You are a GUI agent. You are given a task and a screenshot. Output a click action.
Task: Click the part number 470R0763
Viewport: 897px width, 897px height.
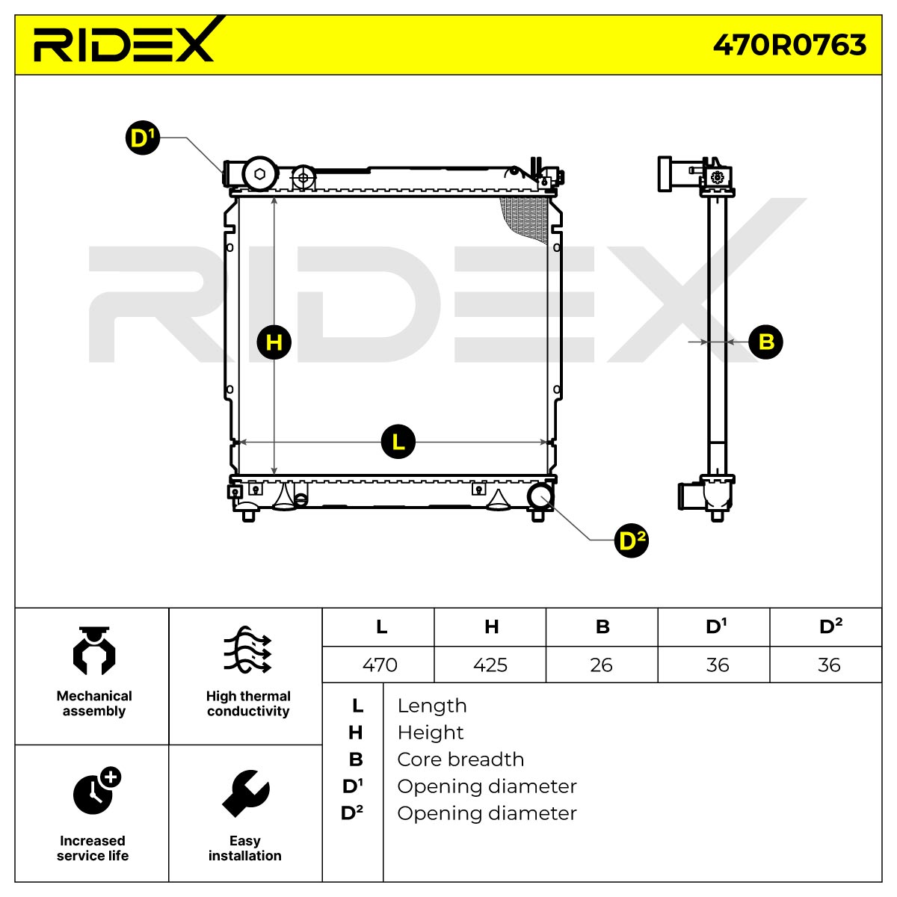789,45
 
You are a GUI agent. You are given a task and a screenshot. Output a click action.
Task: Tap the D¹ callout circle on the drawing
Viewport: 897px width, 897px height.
143,138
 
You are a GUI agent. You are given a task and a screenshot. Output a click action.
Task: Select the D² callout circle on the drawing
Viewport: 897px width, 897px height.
631,541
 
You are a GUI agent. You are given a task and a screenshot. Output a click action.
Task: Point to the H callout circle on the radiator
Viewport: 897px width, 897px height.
274,342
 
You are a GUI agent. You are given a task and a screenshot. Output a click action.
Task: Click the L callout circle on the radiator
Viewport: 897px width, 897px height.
398,442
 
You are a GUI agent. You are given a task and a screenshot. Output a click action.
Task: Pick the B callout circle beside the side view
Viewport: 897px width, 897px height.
765,342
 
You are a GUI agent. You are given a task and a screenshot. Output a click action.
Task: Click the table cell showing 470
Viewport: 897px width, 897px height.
380,665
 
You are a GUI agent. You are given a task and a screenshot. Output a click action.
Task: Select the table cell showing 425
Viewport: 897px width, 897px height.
490,665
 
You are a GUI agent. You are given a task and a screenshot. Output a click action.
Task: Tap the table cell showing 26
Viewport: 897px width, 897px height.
602,665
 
